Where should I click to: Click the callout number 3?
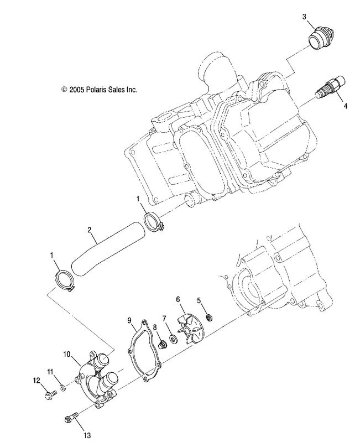pos(304,17)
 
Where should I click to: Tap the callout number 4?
pos(346,106)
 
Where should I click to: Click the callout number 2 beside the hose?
pos(89,230)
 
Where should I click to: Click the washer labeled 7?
pos(173,337)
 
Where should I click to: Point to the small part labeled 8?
pos(162,345)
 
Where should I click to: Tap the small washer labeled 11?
pos(64,388)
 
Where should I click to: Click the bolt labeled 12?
pos(50,394)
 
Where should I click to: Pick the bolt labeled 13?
pos(72,417)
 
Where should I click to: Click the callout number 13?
pos(87,435)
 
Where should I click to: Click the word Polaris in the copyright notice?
pos(96,90)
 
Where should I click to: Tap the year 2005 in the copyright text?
pos(77,90)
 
